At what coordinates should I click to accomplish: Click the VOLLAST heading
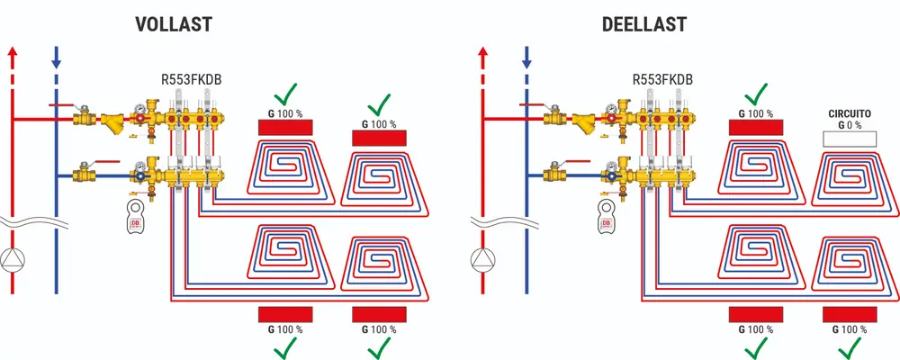(x=173, y=23)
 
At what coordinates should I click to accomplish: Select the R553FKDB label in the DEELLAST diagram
(x=662, y=79)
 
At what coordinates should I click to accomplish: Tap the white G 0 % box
(x=850, y=139)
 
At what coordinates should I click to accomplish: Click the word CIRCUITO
(x=850, y=114)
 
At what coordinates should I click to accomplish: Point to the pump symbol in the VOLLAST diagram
(x=13, y=258)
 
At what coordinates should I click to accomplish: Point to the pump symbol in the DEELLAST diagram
(x=483, y=258)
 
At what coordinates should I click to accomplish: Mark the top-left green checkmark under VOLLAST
(x=287, y=94)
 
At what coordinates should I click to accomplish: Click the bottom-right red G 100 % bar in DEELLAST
(x=850, y=314)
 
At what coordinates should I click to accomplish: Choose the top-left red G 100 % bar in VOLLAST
(x=285, y=127)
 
